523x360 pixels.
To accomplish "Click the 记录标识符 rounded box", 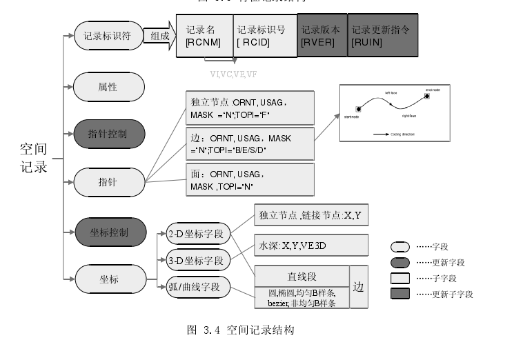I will (108, 36).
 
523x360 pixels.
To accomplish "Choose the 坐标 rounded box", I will (108, 279).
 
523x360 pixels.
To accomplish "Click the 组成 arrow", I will (161, 36).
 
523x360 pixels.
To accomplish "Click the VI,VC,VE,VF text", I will (233, 73).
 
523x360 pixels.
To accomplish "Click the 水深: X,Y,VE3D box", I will (310, 245).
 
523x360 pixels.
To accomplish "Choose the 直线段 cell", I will (302, 277).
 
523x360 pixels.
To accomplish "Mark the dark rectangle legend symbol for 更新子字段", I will (400, 294).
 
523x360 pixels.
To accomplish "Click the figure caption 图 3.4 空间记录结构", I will (241, 330).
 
